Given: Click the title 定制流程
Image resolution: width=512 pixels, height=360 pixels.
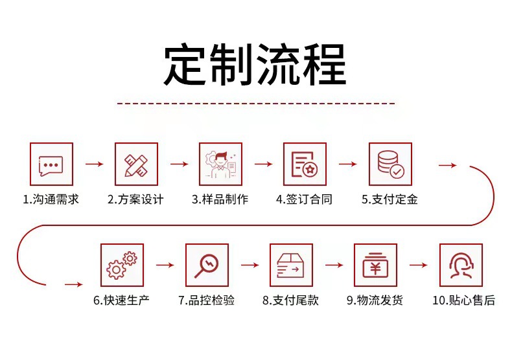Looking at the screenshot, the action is click(x=255, y=65).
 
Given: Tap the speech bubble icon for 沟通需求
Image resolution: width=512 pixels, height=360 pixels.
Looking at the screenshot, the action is click(x=52, y=164).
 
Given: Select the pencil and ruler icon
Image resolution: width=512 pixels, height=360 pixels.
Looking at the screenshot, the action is click(x=136, y=164).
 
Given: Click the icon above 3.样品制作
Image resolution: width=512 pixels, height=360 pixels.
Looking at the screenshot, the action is click(x=220, y=164).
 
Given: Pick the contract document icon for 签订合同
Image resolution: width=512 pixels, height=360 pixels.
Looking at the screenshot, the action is click(x=305, y=164).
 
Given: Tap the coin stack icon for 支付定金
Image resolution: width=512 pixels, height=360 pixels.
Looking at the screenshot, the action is click(x=390, y=164).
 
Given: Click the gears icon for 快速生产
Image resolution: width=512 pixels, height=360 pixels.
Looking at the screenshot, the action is click(x=122, y=265).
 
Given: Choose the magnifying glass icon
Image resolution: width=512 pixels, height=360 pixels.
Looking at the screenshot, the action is click(x=207, y=265).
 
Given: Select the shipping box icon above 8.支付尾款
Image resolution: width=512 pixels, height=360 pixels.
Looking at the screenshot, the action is click(x=292, y=265).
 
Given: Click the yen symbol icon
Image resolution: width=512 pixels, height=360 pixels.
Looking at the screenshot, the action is click(x=376, y=265).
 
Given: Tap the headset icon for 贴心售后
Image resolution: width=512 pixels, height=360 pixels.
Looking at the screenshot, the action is click(x=461, y=265).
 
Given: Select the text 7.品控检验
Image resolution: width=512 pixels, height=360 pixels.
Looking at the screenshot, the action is click(x=207, y=300).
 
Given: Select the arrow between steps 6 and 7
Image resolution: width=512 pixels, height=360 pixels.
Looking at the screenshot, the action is click(x=165, y=265).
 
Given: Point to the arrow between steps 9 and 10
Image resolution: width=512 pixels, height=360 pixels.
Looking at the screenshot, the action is click(x=419, y=265).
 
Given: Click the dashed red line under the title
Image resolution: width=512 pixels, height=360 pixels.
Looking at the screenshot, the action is click(x=255, y=103).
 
